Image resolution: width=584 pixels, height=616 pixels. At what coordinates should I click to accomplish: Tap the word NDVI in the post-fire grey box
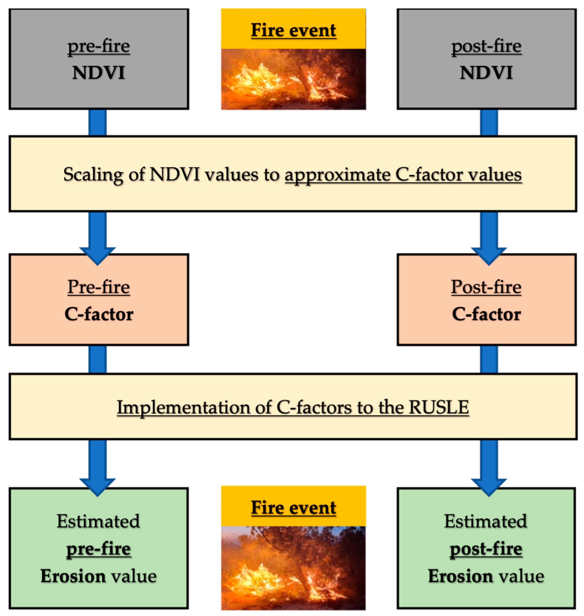486,73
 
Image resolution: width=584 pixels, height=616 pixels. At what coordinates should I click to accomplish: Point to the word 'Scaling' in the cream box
93,174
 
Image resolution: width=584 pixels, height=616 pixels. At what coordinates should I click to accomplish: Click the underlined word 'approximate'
337,174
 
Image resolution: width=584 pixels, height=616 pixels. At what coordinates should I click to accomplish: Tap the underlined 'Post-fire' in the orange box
486,287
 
